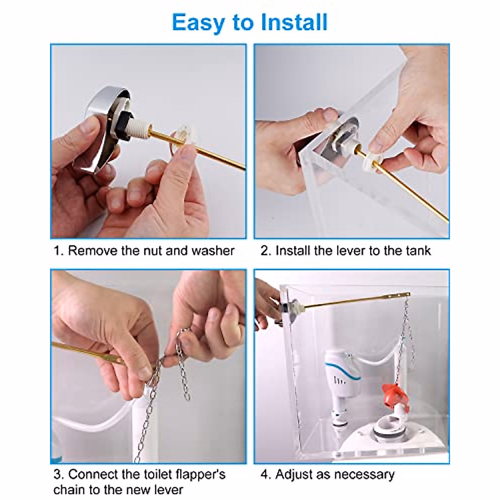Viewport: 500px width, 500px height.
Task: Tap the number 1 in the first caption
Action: (x=57, y=251)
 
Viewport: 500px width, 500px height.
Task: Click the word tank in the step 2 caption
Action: (x=418, y=251)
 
